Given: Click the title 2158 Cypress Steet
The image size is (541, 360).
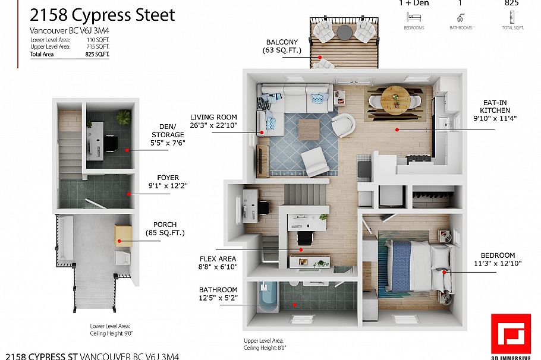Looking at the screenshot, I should click(102, 15).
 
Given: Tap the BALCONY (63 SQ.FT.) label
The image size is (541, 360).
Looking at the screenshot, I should click(282, 46).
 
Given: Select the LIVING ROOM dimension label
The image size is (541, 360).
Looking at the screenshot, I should click(213, 121).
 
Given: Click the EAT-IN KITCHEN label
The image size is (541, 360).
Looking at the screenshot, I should click(495, 110).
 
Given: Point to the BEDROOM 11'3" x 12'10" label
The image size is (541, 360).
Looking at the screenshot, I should click(494, 260).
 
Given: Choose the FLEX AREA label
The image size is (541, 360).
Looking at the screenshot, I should click(218, 263).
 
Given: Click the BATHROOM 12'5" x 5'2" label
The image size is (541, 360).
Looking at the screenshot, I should click(218, 293).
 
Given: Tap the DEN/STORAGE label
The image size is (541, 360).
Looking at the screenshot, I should click(168, 135).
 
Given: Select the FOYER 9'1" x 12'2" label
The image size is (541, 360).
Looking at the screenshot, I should click(168, 181).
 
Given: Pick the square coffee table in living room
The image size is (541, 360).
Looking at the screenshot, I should click(309, 129).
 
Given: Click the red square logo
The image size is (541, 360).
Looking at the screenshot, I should click(510, 335).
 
